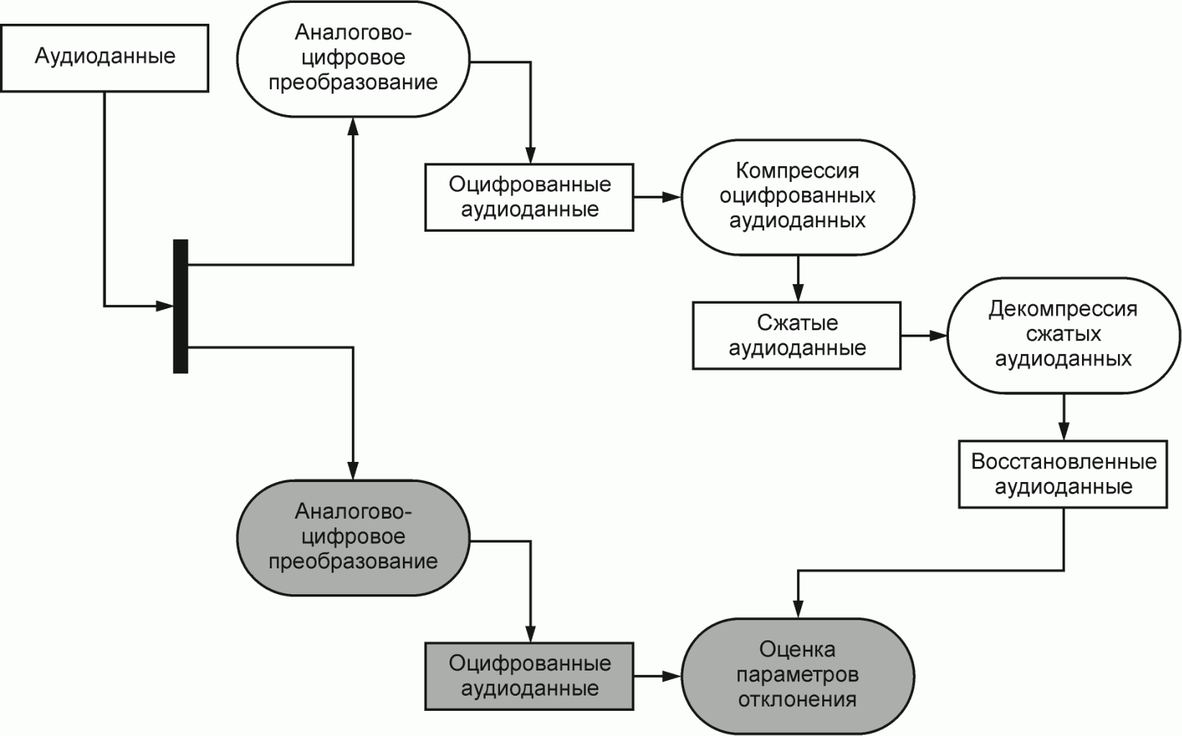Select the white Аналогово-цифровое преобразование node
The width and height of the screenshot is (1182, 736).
353,58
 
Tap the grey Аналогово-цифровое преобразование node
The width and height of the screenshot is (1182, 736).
353,537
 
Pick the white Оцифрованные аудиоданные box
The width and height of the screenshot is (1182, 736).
529,197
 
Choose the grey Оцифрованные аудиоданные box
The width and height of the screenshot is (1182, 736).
529,676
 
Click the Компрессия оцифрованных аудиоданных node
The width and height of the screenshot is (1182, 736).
797,196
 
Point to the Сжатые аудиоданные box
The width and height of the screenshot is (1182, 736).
797,335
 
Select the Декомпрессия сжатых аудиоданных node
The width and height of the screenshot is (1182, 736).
1063,335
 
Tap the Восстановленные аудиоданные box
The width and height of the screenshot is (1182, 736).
1063,474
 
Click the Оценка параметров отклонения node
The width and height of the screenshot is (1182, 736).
797,676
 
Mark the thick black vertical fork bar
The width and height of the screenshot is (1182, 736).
181,306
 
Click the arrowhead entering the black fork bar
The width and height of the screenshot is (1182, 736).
166,306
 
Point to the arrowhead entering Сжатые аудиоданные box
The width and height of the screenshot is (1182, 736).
797,294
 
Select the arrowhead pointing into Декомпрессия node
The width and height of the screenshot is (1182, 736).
938,335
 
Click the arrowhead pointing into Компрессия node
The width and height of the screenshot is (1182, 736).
672,196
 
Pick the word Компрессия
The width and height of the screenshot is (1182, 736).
797,171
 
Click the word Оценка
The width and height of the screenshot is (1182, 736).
797,650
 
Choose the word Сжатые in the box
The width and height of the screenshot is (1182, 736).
797,323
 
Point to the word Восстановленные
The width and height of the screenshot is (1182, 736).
1063,462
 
